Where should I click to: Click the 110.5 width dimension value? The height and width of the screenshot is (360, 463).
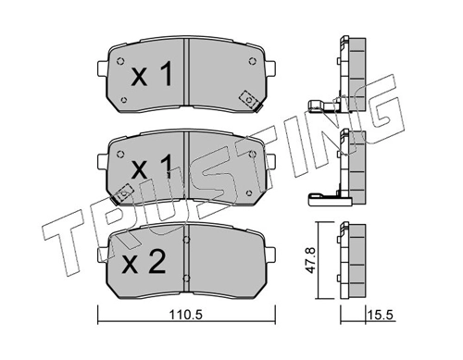coord(185,316)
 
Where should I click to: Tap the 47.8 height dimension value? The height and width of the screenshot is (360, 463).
coord(311,260)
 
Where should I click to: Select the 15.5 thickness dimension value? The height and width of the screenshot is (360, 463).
coord(380,316)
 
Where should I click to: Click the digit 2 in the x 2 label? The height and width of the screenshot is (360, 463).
coord(156,262)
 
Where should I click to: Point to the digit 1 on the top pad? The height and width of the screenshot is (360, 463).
coord(166,73)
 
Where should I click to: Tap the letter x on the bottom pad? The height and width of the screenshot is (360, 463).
coord(130,266)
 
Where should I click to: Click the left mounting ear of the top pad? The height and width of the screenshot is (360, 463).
coord(102,68)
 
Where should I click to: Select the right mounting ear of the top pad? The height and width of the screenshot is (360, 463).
coord(270,68)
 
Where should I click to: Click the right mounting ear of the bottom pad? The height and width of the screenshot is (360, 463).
coord(270,254)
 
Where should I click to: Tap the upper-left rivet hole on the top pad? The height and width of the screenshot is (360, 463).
coord(120,61)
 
